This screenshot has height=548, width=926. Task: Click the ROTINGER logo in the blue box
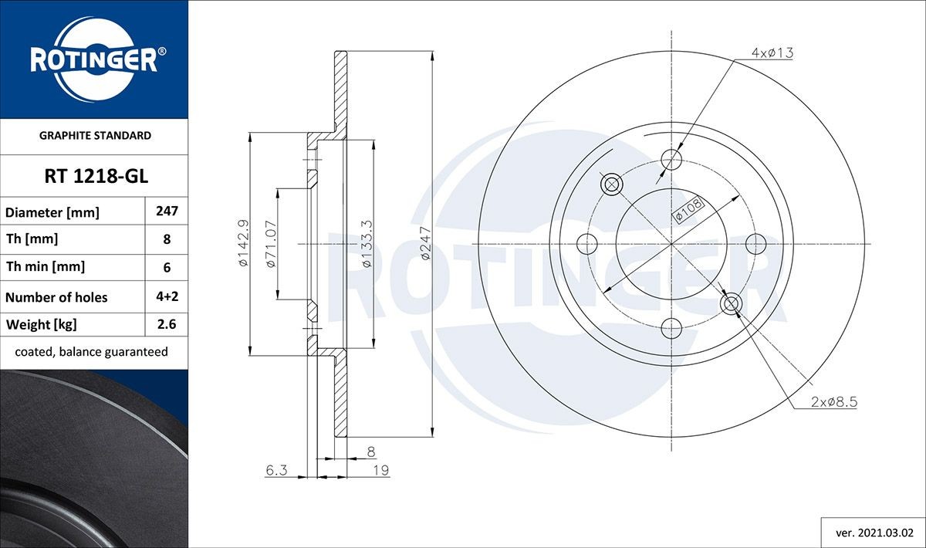[94, 59]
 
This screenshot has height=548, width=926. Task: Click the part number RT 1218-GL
[94, 177]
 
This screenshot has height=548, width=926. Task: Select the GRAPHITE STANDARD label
[94, 135]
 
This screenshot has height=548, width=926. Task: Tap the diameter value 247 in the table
[167, 211]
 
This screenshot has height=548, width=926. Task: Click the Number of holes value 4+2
[167, 296]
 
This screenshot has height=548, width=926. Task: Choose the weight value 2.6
[167, 324]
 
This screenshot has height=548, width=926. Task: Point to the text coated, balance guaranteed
[91, 351]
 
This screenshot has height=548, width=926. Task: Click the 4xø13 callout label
[772, 53]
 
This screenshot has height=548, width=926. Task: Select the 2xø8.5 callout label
[835, 402]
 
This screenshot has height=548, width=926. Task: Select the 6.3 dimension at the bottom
[276, 470]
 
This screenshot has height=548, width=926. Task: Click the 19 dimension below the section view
[380, 470]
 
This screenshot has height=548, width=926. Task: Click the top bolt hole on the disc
[672, 160]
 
